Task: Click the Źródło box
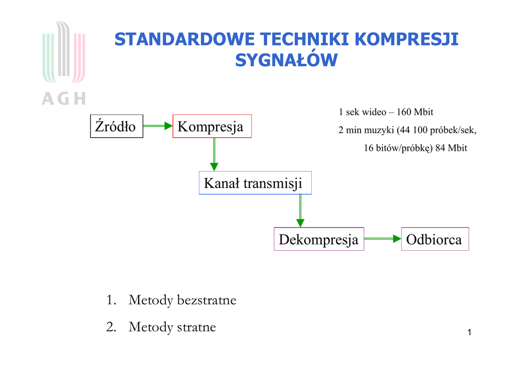click(x=117, y=126)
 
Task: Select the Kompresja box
click(x=212, y=126)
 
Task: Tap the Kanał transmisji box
click(x=255, y=183)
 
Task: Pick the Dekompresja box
click(x=319, y=239)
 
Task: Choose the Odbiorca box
click(x=435, y=239)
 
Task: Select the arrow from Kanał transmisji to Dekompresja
click(x=300, y=211)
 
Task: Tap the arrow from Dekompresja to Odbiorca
click(x=382, y=239)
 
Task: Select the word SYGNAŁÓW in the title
click(x=286, y=61)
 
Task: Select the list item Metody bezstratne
click(x=182, y=300)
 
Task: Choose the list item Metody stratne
click(x=172, y=327)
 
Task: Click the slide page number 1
click(x=469, y=334)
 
